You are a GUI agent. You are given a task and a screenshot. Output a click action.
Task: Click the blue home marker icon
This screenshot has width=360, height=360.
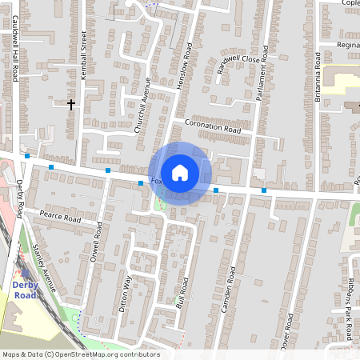180,172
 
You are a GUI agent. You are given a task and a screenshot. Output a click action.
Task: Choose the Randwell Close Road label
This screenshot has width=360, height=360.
239,65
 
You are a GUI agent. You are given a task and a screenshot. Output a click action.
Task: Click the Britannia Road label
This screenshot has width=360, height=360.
317,77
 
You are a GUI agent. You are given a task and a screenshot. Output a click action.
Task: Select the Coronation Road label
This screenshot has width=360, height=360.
212,126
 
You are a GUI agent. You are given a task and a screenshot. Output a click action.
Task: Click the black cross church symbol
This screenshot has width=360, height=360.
70,104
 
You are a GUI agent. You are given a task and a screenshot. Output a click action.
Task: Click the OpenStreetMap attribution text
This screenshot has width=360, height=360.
80,354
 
